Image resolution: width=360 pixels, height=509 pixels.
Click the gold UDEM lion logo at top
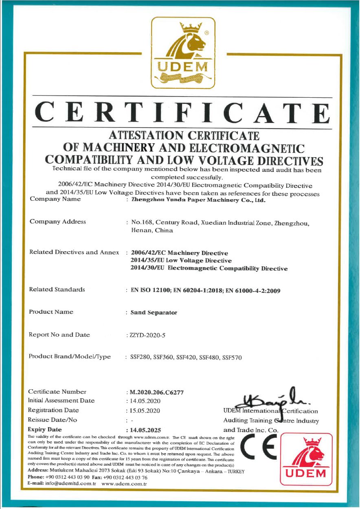click(x=183, y=53)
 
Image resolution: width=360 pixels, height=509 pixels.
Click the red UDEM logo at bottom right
click(x=306, y=459)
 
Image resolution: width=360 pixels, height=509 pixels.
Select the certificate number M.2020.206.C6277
click(x=156, y=393)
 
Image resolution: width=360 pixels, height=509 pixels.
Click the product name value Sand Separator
click(x=154, y=313)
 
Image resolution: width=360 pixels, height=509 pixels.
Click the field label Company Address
click(x=57, y=222)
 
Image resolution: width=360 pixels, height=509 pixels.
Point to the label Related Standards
click(x=57, y=290)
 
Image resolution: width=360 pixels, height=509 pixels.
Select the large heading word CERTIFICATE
click(x=182, y=113)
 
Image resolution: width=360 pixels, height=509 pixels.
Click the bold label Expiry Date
click(x=45, y=430)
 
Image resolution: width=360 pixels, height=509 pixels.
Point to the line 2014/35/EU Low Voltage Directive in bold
click(x=181, y=261)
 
